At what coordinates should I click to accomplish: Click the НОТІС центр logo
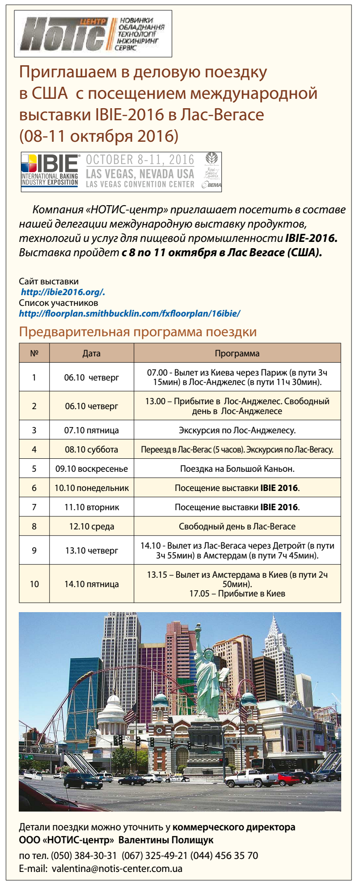click(x=93, y=34)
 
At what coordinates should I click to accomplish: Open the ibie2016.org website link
click(x=63, y=292)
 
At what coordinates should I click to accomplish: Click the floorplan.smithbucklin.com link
click(x=130, y=313)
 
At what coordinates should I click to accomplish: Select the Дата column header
click(x=91, y=353)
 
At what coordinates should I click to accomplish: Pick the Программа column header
click(x=237, y=353)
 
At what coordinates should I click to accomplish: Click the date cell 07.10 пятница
click(x=91, y=430)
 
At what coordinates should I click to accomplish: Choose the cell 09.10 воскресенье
click(x=91, y=469)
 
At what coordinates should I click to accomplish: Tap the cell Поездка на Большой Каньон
click(x=237, y=469)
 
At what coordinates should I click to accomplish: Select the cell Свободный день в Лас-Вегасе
click(x=237, y=526)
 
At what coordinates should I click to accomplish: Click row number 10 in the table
click(x=34, y=584)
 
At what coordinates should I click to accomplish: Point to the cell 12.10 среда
click(x=91, y=526)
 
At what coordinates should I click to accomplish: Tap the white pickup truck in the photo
click(x=251, y=779)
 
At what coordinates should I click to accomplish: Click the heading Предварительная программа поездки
click(x=138, y=332)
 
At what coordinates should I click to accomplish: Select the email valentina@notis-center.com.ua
click(x=117, y=869)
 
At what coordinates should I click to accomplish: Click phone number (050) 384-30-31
click(x=84, y=856)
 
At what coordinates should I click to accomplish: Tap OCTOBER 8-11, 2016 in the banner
click(x=140, y=160)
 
